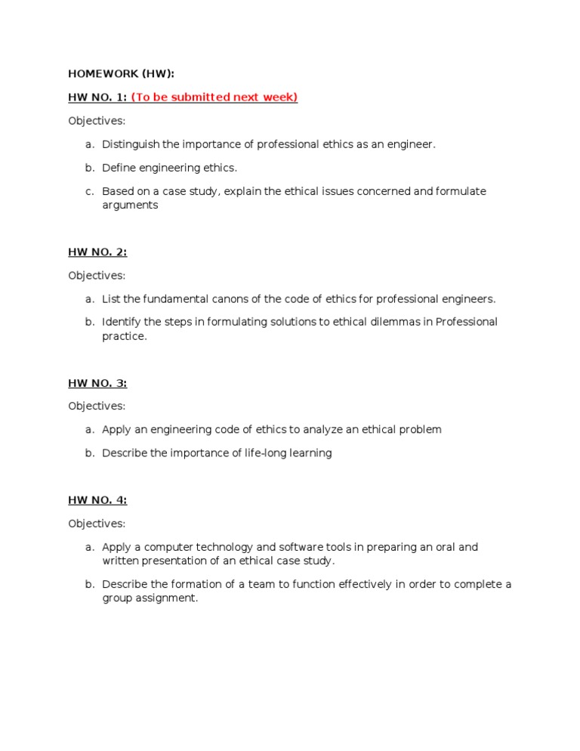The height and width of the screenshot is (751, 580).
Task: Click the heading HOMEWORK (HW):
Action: click(x=121, y=73)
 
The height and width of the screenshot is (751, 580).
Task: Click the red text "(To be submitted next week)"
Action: click(x=214, y=97)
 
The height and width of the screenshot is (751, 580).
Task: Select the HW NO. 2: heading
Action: click(x=97, y=252)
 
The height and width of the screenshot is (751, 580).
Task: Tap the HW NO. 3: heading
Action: click(x=97, y=383)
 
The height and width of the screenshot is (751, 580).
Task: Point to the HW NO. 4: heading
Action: click(x=97, y=499)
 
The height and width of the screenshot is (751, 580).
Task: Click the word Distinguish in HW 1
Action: click(x=130, y=144)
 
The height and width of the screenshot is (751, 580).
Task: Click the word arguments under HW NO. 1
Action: click(x=130, y=205)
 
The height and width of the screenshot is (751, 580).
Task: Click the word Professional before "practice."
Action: click(x=463, y=322)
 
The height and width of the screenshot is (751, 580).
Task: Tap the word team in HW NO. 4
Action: click(x=264, y=585)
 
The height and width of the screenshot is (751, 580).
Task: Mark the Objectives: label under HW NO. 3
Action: click(x=97, y=406)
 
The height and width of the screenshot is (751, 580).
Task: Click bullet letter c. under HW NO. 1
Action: click(x=89, y=191)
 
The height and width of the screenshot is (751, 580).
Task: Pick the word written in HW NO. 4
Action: click(x=120, y=561)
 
